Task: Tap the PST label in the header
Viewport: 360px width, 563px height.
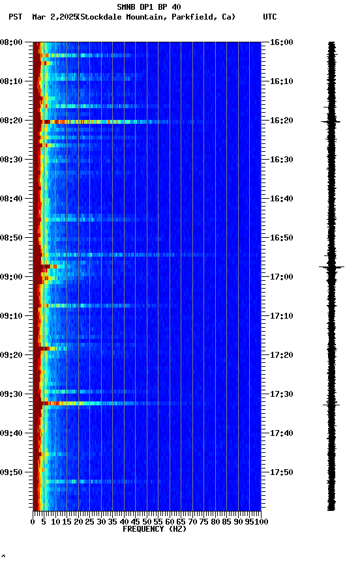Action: [15, 17]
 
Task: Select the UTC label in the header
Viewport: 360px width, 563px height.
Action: [270, 17]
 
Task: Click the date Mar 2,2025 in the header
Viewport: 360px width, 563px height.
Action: [53, 17]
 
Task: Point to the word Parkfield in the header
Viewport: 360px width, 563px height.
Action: [194, 17]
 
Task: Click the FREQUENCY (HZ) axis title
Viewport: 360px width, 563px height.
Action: [155, 529]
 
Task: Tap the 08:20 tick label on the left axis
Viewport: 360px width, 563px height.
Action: [12, 121]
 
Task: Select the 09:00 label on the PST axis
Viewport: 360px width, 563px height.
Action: [12, 277]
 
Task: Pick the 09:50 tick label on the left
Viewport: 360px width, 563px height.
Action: [12, 472]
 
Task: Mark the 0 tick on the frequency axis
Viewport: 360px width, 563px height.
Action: [33, 521]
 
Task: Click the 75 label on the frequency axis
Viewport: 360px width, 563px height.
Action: [203, 521]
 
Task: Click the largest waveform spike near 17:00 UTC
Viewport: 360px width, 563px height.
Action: [331, 267]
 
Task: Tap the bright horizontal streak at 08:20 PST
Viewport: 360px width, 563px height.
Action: [98, 121]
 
